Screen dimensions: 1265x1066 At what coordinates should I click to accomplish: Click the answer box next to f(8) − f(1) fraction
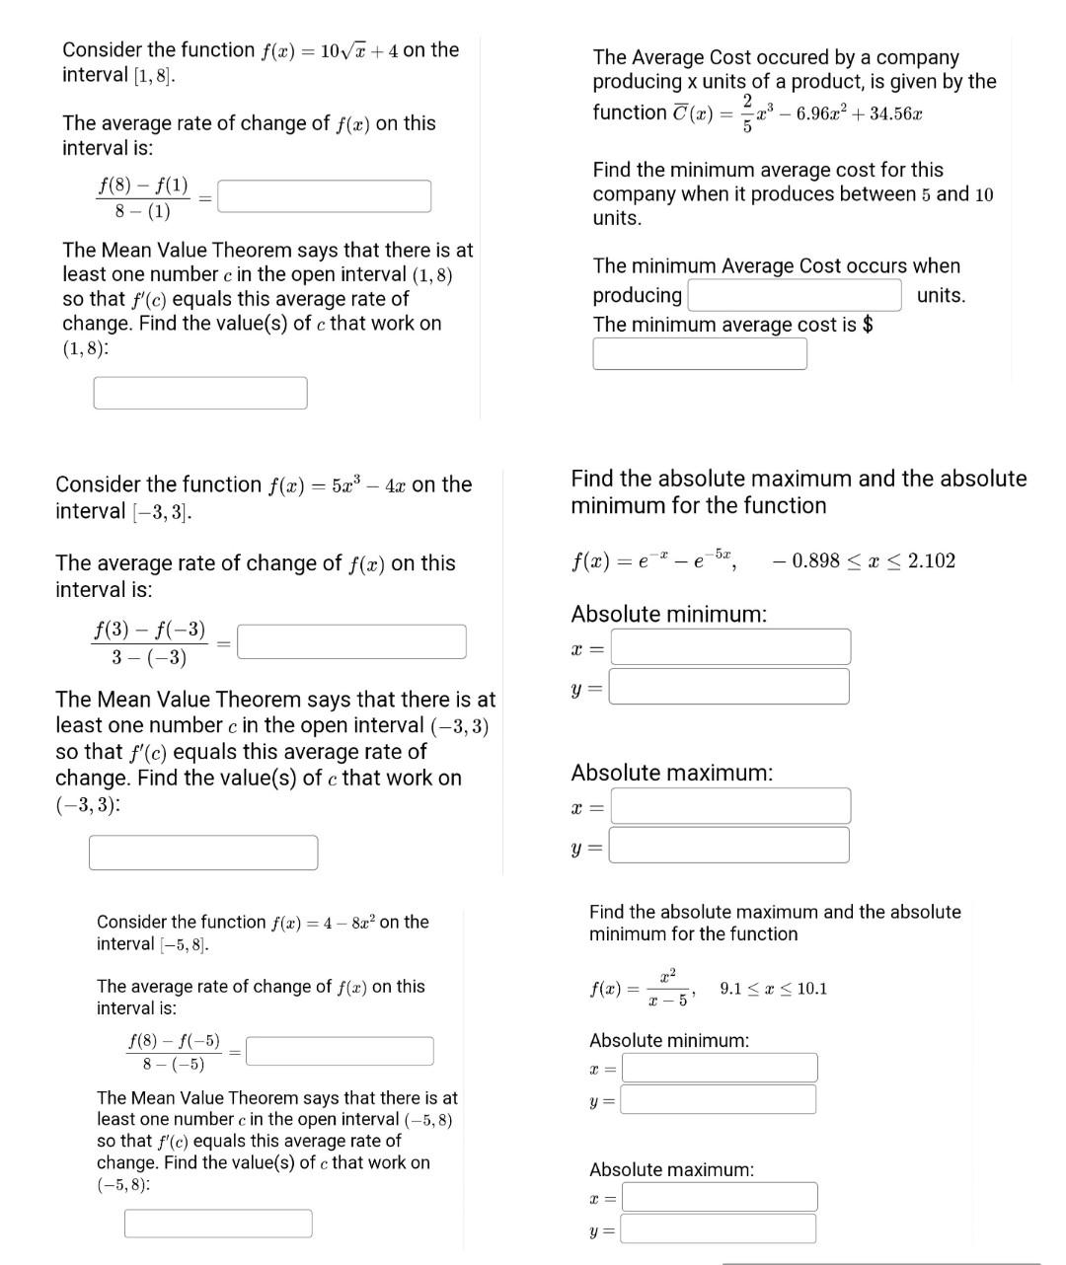point(324,196)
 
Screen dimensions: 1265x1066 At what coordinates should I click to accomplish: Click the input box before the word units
point(795,295)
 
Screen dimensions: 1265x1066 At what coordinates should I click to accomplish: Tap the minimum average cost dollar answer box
point(700,353)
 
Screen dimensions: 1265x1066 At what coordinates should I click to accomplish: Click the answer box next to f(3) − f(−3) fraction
point(351,641)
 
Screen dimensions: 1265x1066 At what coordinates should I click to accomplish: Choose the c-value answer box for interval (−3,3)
point(203,853)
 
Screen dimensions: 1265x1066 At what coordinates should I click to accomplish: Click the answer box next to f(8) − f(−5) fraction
point(340,1051)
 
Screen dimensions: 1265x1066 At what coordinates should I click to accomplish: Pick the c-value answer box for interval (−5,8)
point(218,1224)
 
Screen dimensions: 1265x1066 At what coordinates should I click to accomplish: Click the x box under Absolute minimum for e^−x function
point(730,647)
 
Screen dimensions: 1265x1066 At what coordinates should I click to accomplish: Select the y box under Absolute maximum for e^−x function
point(729,846)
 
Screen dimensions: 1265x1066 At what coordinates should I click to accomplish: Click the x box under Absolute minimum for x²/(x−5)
point(720,1068)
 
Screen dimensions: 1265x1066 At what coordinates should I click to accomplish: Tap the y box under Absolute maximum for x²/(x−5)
point(719,1228)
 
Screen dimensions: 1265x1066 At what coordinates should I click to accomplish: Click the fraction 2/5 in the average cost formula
point(747,112)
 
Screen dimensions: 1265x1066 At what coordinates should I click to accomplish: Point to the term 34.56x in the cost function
point(896,113)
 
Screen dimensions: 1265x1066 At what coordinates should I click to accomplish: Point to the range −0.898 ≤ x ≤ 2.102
point(865,561)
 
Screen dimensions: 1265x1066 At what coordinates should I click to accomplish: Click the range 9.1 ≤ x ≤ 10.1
point(774,989)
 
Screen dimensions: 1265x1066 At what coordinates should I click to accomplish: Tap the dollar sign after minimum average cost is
point(868,325)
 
